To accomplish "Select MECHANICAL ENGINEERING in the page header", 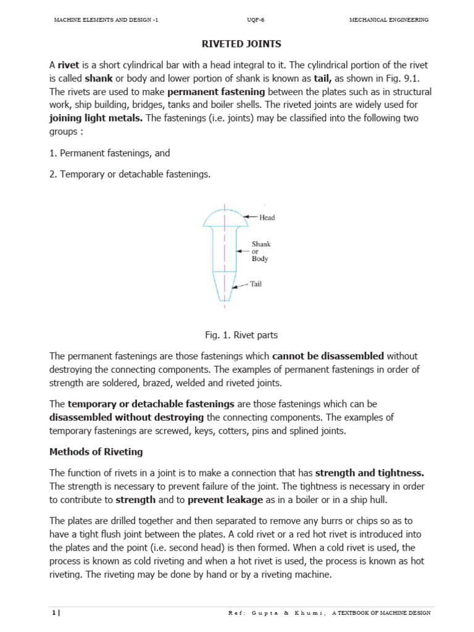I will click(389, 20).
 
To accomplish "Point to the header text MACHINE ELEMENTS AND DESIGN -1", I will click(106, 20).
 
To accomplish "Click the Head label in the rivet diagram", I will click(267, 217).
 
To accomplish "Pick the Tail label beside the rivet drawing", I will click(256, 285).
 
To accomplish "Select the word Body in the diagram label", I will click(260, 259).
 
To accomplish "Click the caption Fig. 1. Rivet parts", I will click(241, 335).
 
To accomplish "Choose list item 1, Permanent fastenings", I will click(109, 153).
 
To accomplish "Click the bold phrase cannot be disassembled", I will click(328, 356).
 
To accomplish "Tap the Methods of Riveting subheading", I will click(96, 452).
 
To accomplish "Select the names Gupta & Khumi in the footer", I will click(276, 613).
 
